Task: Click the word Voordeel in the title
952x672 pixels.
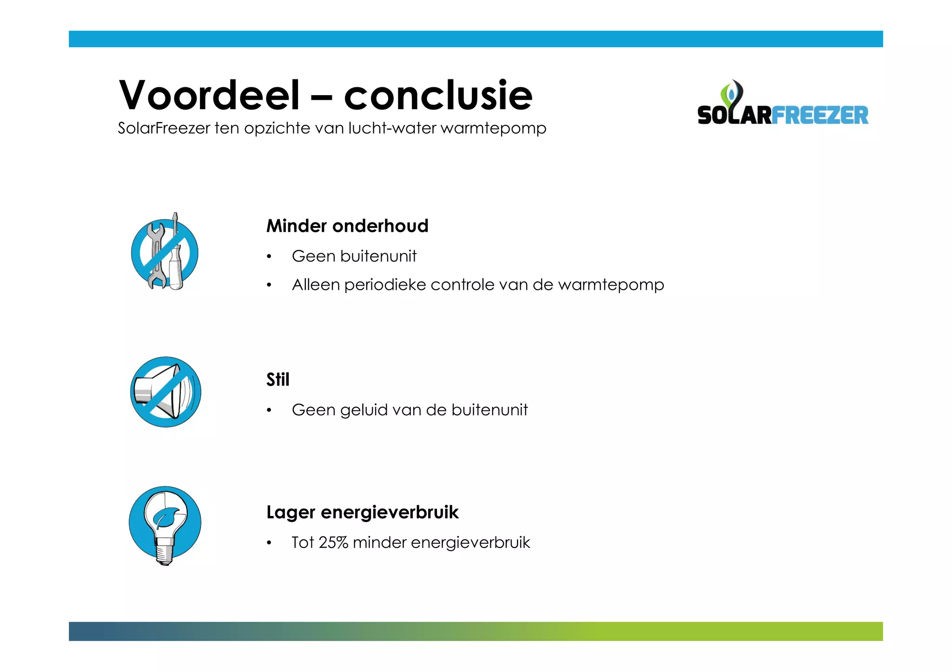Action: click(x=209, y=95)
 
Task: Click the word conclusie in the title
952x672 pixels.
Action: click(x=438, y=95)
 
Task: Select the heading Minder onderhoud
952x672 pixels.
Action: click(x=347, y=226)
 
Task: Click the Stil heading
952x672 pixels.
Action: click(x=278, y=379)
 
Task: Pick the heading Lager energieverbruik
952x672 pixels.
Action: click(x=362, y=512)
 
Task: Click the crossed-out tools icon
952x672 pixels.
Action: click(x=165, y=253)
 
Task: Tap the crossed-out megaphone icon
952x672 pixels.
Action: click(x=165, y=392)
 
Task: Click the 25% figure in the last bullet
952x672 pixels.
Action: click(x=333, y=542)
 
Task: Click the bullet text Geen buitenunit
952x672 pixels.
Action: click(x=354, y=256)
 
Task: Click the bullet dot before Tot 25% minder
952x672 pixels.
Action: click(x=269, y=543)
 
